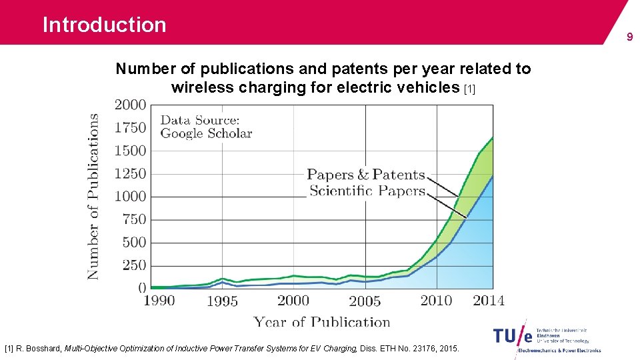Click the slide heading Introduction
coord(104,25)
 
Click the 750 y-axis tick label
coord(134,219)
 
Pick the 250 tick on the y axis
coord(134,265)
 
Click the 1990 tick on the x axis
coord(159,301)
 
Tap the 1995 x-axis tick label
coord(222,301)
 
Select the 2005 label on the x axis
coord(365,301)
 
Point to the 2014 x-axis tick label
coord(489,301)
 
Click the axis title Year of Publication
coord(321,322)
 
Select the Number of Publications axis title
coord(93,196)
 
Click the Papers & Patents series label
coord(365,175)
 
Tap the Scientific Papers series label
coord(367,191)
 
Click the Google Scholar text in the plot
coord(206,133)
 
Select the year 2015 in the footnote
coord(449,349)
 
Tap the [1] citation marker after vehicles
coord(469,89)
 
